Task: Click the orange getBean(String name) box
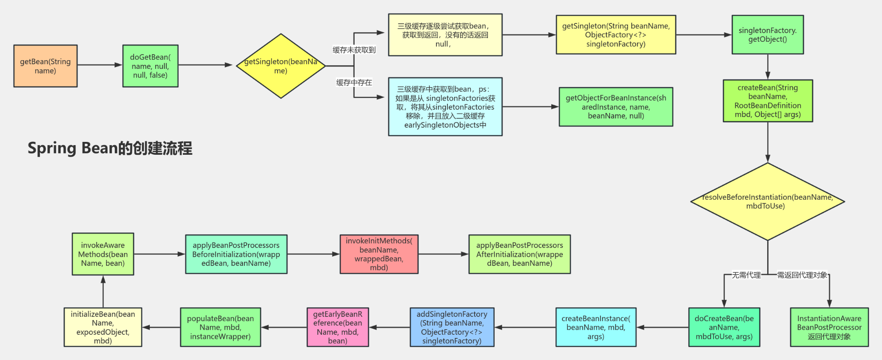click(x=45, y=66)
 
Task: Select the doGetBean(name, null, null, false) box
click(x=150, y=66)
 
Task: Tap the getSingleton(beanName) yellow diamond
click(x=281, y=66)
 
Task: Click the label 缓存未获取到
click(x=354, y=50)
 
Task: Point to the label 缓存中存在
click(x=354, y=83)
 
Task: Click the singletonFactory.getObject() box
click(x=767, y=35)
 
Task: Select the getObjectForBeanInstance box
click(x=616, y=107)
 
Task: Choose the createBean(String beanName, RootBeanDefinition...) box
click(x=768, y=101)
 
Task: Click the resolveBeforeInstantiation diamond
click(x=767, y=202)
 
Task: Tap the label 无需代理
click(x=746, y=275)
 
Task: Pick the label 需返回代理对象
click(x=802, y=275)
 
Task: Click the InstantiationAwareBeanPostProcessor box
click(x=829, y=327)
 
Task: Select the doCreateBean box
click(x=724, y=327)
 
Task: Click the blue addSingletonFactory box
click(x=452, y=327)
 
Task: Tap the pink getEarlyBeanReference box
click(x=338, y=327)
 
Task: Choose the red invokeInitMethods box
click(x=379, y=254)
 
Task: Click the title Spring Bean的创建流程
click(x=110, y=148)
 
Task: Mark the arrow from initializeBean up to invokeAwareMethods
click(x=103, y=292)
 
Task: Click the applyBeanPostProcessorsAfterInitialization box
click(x=520, y=254)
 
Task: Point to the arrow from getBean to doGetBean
click(x=100, y=65)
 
